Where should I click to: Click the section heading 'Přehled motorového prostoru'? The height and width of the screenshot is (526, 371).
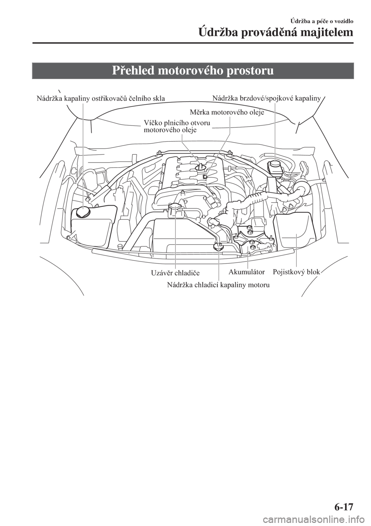pos(193,71)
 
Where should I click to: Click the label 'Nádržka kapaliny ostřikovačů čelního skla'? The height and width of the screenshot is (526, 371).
pos(101,98)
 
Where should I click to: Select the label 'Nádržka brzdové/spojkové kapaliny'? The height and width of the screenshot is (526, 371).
pos(266,98)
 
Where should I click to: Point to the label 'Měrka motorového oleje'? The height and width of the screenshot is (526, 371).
pos(227,112)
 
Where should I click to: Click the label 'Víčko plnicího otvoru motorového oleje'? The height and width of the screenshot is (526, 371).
pos(177,126)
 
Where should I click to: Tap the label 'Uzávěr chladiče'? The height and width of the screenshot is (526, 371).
pos(175,273)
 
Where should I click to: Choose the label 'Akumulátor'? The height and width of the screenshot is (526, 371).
pos(247,272)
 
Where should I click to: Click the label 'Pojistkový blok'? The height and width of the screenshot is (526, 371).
pos(296,272)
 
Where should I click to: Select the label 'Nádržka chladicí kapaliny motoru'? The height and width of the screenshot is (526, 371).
pos(218,285)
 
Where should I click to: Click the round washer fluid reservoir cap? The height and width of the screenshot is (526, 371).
pos(83,212)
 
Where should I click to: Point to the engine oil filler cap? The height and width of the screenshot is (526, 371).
pos(201,168)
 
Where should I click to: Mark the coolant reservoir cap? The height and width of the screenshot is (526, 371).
pos(218,246)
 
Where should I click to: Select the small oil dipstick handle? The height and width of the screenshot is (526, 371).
pos(205,176)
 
